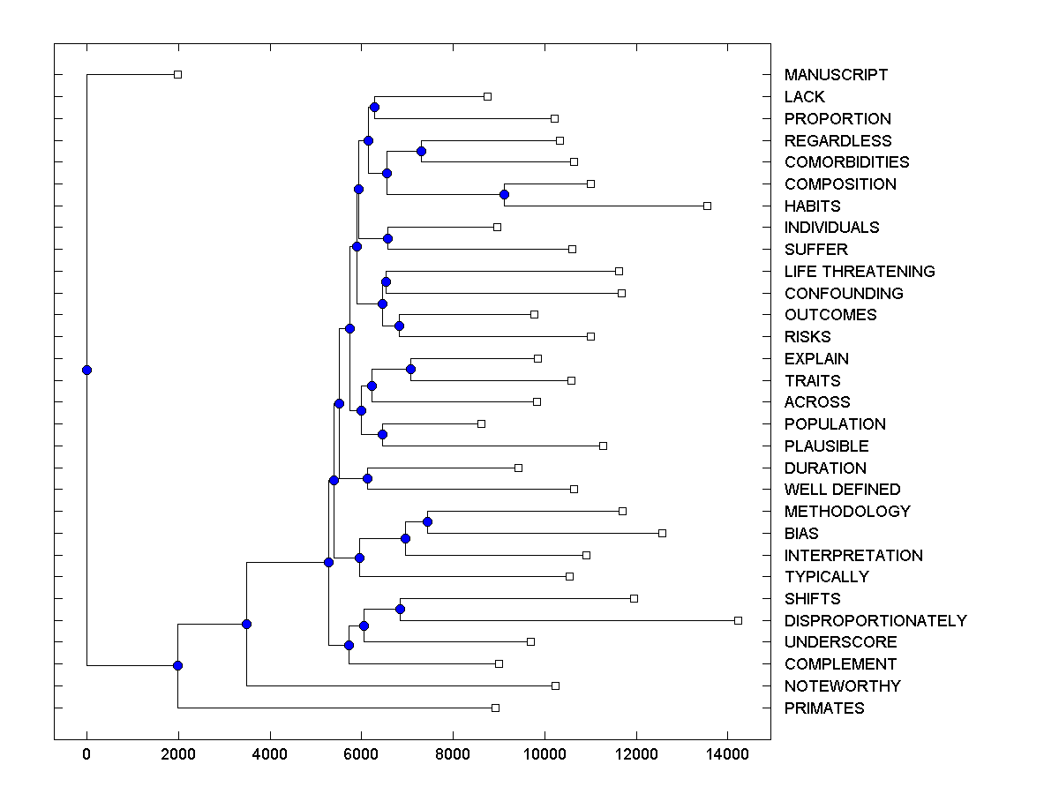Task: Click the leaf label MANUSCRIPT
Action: tap(836, 75)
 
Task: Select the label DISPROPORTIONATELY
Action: tap(875, 621)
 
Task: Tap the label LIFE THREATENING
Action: tap(860, 272)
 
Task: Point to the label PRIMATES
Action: tap(824, 708)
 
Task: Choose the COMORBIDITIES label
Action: tap(846, 162)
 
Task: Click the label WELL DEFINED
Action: tap(842, 490)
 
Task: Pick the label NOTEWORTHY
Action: tap(842, 686)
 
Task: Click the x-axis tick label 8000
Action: tap(453, 754)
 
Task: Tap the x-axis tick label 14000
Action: tap(727, 754)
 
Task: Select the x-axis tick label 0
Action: tap(86, 754)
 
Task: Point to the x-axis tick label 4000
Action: tap(270, 754)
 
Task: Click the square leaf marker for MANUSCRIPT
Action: tap(177, 75)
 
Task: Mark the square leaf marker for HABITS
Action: tap(707, 206)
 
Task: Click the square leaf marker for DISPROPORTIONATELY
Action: tap(739, 620)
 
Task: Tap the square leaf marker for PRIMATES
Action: tap(495, 708)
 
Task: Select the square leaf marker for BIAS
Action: tap(663, 533)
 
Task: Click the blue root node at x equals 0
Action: tap(86, 370)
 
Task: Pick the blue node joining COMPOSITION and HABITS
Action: tap(504, 194)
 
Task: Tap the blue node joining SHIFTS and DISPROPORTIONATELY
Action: tap(400, 609)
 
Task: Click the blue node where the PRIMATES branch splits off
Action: tap(177, 665)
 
